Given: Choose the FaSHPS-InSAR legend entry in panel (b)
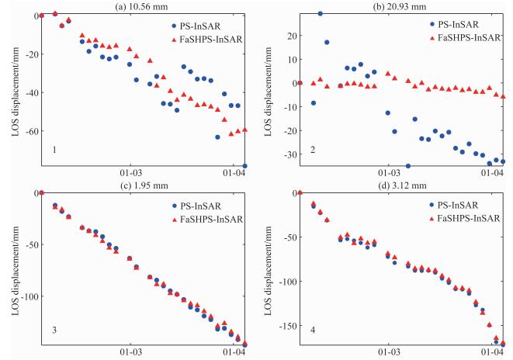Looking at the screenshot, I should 466,36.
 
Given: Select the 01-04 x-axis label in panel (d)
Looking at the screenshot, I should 492,354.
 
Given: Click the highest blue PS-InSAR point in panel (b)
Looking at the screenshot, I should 320,14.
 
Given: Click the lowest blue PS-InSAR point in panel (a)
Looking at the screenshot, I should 244,165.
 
